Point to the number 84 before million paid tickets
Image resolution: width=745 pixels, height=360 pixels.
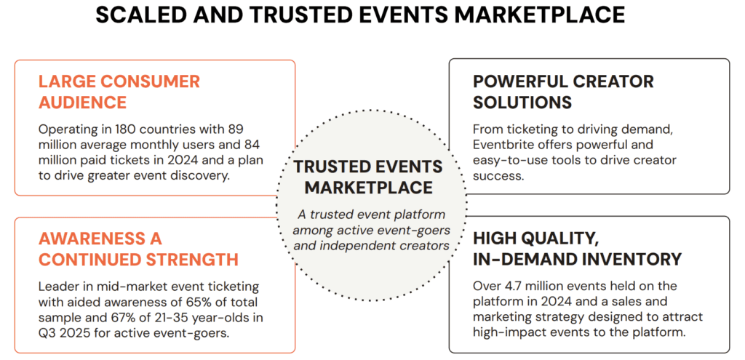pyautogui.click(x=255, y=145)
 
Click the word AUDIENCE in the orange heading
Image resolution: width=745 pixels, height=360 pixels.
pyautogui.click(x=82, y=102)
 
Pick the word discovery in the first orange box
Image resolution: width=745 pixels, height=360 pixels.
pyautogui.click(x=203, y=176)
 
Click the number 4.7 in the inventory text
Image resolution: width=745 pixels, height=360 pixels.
pyautogui.click(x=515, y=287)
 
